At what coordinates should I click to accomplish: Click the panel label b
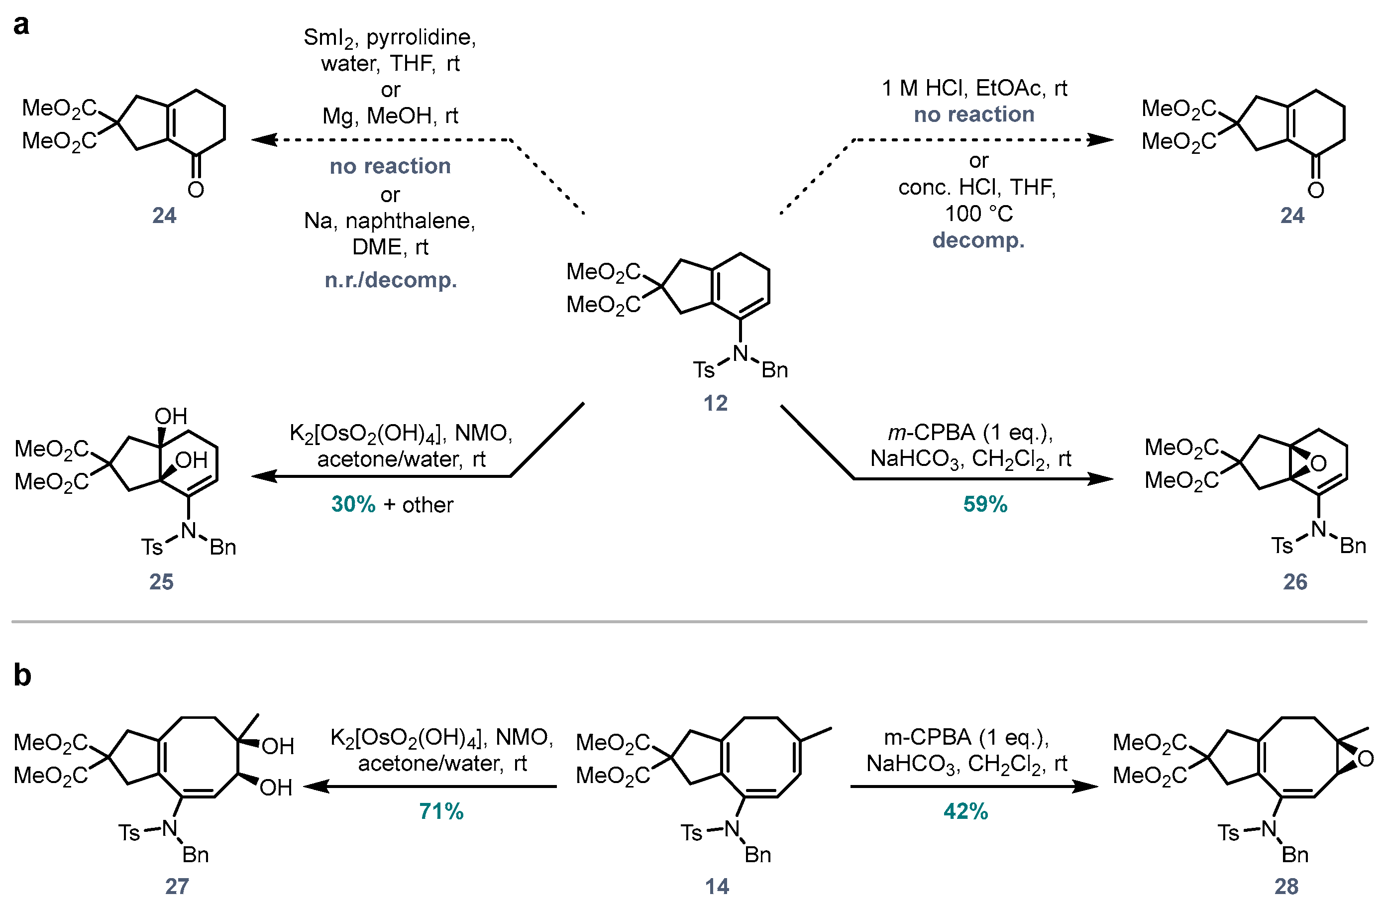click(22, 675)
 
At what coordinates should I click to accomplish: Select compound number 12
click(716, 403)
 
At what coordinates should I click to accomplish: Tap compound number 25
click(161, 581)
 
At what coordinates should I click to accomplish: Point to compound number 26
click(1295, 581)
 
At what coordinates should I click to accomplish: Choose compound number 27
click(177, 886)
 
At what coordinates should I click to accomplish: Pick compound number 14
click(717, 886)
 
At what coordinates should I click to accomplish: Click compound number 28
click(1286, 886)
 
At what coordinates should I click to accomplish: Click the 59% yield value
click(985, 504)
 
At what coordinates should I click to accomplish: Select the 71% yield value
click(441, 811)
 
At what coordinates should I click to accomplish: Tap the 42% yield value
click(965, 811)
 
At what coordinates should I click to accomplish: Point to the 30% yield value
click(353, 504)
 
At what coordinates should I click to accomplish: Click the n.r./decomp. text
click(391, 280)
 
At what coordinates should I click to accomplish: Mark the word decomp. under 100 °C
click(978, 240)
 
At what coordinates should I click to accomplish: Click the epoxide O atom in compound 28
click(1365, 759)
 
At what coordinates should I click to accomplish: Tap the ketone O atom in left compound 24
click(196, 190)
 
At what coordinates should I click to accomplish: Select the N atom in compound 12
click(740, 353)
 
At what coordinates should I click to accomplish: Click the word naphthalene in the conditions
click(411, 221)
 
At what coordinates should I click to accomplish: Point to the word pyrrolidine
click(421, 37)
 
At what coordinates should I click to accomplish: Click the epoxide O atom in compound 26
click(1318, 463)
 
